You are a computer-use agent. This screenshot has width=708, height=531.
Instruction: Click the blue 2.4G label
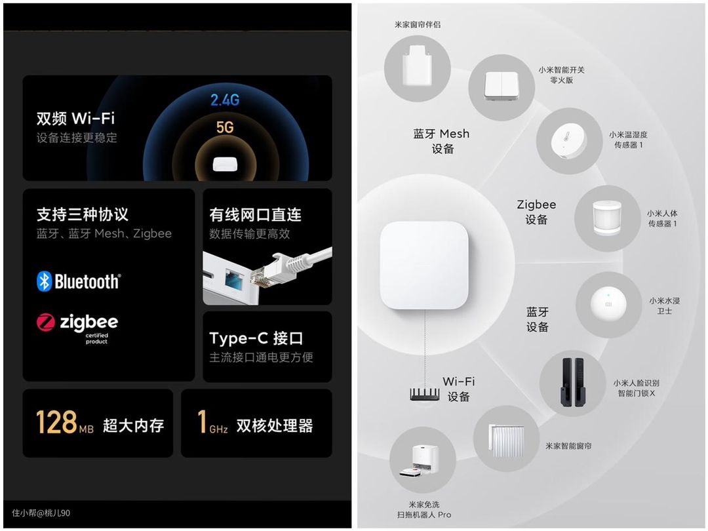[x=225, y=100]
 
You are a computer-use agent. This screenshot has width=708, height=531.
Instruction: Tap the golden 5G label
[x=225, y=127]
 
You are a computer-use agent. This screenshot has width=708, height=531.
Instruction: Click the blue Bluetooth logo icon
[x=45, y=281]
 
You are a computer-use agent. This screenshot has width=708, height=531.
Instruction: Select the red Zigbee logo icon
[x=46, y=323]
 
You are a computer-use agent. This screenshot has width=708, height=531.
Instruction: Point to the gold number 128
[x=56, y=422]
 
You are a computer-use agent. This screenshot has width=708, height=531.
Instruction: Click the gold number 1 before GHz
[x=203, y=422]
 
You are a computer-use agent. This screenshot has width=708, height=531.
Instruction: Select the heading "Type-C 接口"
[x=256, y=338]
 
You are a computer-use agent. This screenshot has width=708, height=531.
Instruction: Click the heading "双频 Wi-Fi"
[x=75, y=118]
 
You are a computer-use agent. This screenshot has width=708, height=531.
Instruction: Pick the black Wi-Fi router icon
[x=424, y=394]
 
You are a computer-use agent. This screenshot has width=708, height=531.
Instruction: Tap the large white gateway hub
[x=424, y=265]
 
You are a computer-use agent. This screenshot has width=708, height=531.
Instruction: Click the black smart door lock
[x=572, y=382]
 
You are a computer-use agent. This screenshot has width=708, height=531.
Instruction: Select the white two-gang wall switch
[x=501, y=85]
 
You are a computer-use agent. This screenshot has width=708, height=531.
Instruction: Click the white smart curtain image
[x=507, y=440]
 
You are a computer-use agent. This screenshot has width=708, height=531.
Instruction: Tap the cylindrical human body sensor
[x=607, y=218]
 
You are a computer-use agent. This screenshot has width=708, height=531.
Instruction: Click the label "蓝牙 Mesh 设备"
[x=442, y=141]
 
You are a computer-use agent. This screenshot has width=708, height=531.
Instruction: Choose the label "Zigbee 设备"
[x=536, y=212]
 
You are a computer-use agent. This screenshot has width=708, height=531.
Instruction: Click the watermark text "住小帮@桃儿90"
[x=41, y=513]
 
